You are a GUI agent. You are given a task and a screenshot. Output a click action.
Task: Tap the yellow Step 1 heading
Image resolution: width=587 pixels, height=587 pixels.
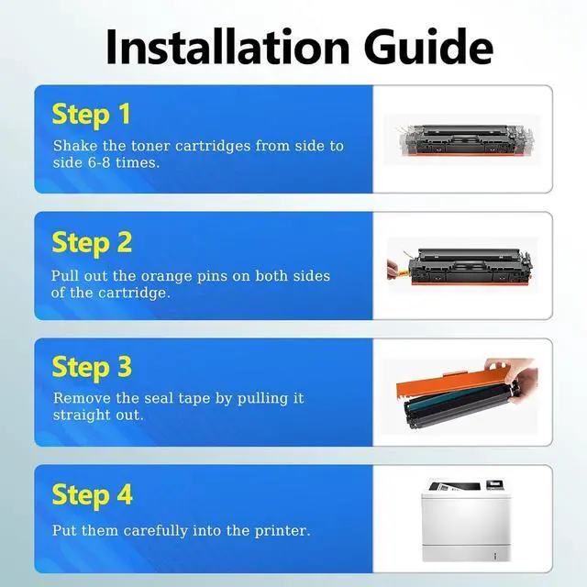point(92,115)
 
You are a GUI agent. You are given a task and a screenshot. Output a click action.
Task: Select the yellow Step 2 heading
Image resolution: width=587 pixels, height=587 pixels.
point(92,242)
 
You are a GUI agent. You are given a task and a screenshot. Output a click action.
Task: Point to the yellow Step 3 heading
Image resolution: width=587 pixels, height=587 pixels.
point(92,367)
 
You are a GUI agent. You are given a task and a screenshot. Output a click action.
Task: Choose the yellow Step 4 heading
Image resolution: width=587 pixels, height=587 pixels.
point(92,495)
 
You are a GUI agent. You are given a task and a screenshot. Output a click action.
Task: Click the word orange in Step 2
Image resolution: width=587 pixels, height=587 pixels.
point(181,276)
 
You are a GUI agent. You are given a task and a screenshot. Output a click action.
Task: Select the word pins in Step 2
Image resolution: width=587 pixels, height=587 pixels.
point(225,276)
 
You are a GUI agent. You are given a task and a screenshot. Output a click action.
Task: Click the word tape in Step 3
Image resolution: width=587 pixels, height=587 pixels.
point(205,399)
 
